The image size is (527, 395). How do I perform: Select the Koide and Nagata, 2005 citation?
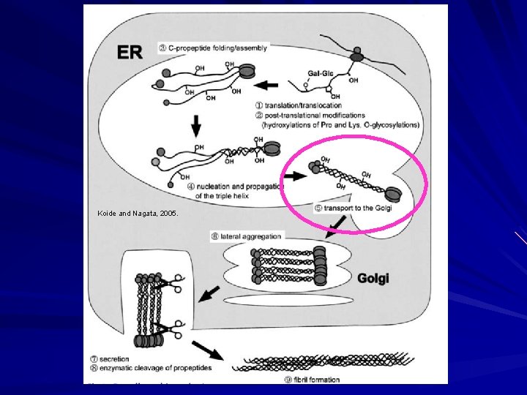(137, 214)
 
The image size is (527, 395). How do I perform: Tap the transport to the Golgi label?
(353, 208)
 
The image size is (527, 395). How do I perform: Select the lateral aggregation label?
(246, 236)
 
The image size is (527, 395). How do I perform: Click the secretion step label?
(110, 359)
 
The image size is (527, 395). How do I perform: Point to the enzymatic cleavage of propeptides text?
(144, 368)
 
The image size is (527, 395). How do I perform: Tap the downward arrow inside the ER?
(195, 127)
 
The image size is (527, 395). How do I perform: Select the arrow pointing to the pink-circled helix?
(296, 176)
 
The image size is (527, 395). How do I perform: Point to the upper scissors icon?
(175, 283)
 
